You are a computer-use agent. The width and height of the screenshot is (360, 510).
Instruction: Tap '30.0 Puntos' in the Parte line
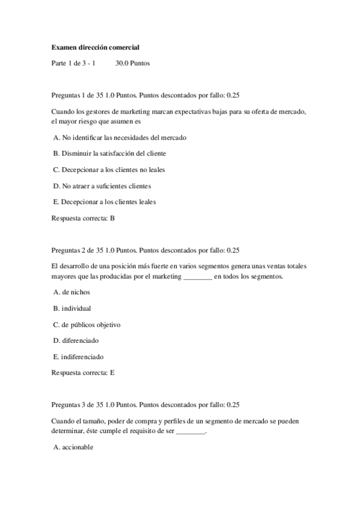click(x=132, y=62)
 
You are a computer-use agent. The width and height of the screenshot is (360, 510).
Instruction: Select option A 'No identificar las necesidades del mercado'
click(x=120, y=137)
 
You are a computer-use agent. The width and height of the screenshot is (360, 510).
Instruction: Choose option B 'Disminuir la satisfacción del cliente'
click(x=109, y=153)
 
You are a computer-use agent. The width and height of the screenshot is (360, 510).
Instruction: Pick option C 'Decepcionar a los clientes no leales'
click(x=109, y=170)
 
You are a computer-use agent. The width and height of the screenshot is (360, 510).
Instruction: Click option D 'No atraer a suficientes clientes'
click(x=102, y=186)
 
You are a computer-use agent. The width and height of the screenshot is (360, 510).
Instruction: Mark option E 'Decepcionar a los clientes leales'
click(x=105, y=201)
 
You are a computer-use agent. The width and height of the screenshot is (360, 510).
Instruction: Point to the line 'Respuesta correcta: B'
click(x=83, y=218)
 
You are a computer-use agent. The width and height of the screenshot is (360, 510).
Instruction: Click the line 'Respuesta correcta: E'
click(x=83, y=372)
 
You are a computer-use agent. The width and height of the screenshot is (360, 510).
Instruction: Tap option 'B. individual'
click(x=72, y=308)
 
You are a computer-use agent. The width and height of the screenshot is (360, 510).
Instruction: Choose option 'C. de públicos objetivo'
click(x=87, y=324)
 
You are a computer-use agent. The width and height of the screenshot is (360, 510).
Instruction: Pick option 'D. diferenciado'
click(x=76, y=340)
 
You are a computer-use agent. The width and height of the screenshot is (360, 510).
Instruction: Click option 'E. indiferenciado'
click(x=78, y=356)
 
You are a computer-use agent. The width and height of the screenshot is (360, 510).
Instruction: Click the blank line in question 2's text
click(x=197, y=277)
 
